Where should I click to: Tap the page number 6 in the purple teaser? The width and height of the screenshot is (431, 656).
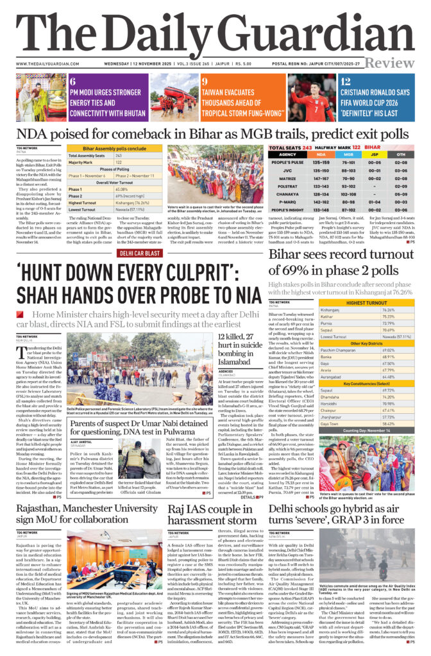coord(72,81)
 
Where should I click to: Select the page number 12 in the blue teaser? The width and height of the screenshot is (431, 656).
coord(345,81)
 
